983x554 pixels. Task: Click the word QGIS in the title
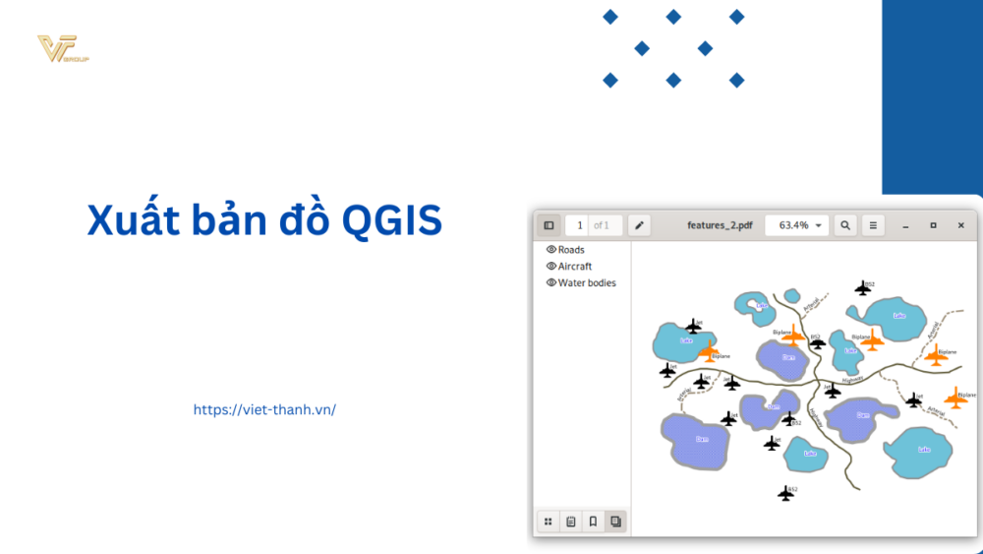click(392, 220)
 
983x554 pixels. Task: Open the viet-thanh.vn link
click(264, 409)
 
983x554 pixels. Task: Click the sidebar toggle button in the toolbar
click(549, 225)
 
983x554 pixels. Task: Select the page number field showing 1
click(580, 225)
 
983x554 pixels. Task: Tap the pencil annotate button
click(640, 225)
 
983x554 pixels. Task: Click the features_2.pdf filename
click(720, 225)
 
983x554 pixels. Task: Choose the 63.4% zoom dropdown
click(797, 225)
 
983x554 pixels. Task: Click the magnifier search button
click(845, 225)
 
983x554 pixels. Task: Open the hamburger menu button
click(873, 225)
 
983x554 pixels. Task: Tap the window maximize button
click(933, 225)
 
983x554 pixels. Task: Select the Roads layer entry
click(571, 250)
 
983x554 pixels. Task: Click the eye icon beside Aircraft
click(551, 266)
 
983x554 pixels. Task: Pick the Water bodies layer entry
click(587, 282)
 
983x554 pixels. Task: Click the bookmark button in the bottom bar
click(593, 522)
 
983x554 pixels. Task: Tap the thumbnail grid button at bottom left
click(549, 522)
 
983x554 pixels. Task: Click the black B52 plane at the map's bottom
click(785, 493)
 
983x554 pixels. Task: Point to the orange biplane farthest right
click(954, 398)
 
